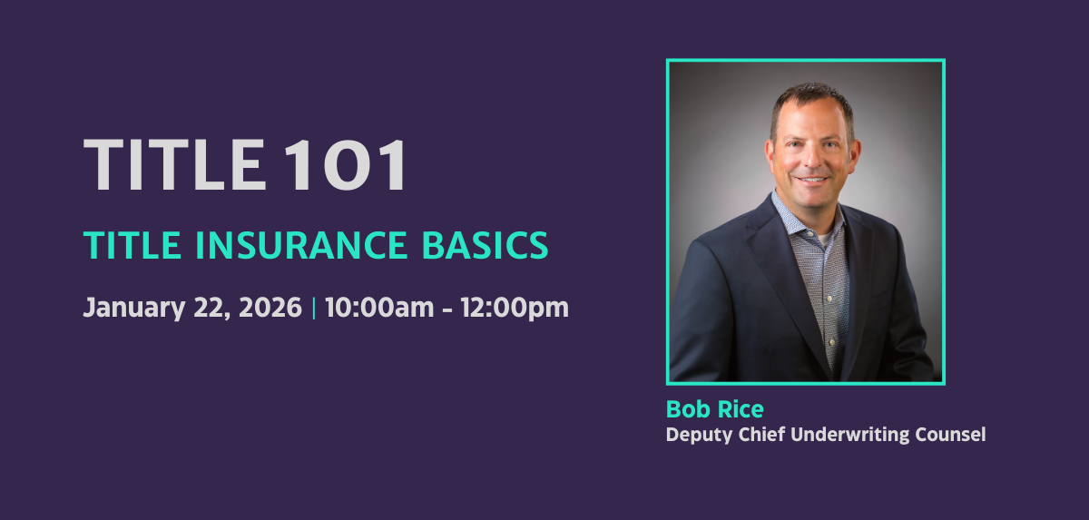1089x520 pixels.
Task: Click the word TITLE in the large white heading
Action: click(x=175, y=164)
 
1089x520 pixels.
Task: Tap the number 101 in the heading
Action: click(x=345, y=164)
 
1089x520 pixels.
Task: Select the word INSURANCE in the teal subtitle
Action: click(x=301, y=245)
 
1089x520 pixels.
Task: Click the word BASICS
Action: click(x=486, y=245)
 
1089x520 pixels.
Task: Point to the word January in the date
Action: click(x=134, y=309)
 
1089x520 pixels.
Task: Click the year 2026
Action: click(x=270, y=307)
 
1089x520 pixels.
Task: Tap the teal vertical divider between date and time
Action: click(x=314, y=308)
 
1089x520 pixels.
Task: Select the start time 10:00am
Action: click(x=379, y=307)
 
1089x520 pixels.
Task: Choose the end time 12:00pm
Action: click(x=515, y=309)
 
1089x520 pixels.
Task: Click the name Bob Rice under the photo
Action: click(x=715, y=409)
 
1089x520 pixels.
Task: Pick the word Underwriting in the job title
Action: click(x=849, y=435)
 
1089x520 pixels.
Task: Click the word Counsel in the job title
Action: click(x=950, y=435)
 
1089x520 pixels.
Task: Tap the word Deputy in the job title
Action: click(x=699, y=435)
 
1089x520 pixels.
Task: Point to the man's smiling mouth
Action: click(x=811, y=180)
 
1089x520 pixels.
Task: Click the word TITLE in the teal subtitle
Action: click(x=132, y=245)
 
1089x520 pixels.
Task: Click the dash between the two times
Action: click(x=447, y=309)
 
